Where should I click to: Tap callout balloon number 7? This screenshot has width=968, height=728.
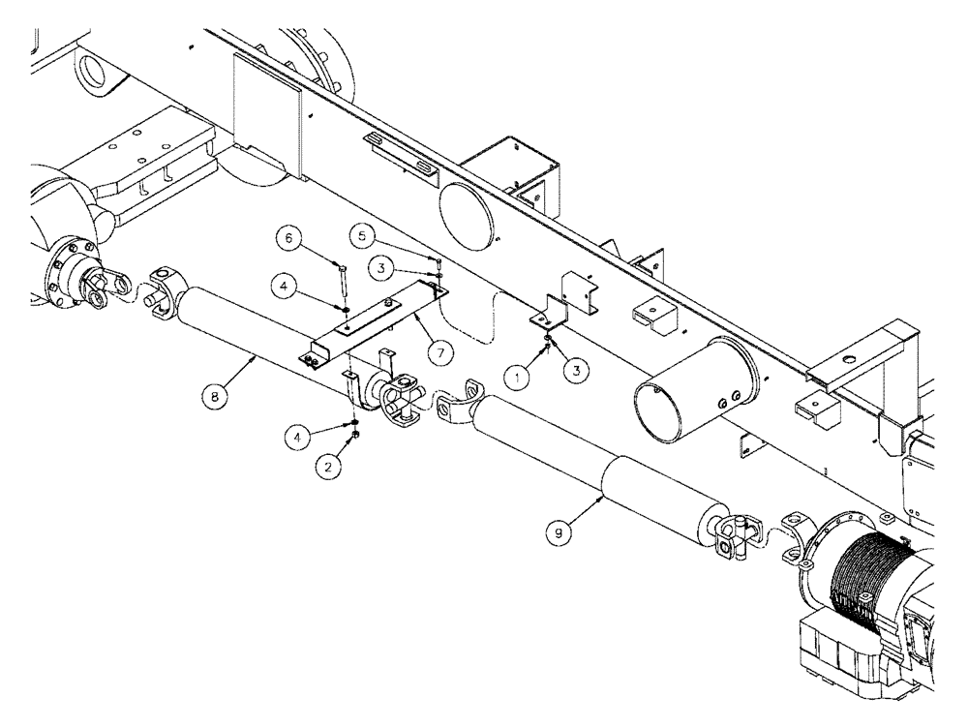(439, 353)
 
